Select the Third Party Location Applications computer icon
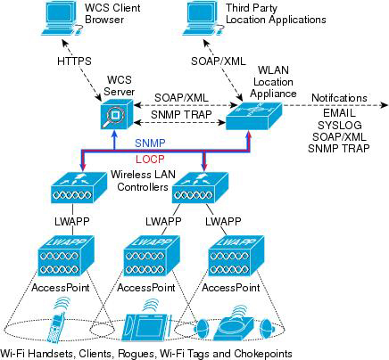204,19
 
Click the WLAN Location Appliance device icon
253,116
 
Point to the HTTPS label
74,61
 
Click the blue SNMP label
150,143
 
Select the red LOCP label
150,160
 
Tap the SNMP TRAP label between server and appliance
181,115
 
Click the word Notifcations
339,98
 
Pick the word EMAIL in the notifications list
339,113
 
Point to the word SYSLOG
340,125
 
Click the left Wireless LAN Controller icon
79,188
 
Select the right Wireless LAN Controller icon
200,188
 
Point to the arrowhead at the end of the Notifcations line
385,105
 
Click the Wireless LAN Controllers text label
143,181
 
